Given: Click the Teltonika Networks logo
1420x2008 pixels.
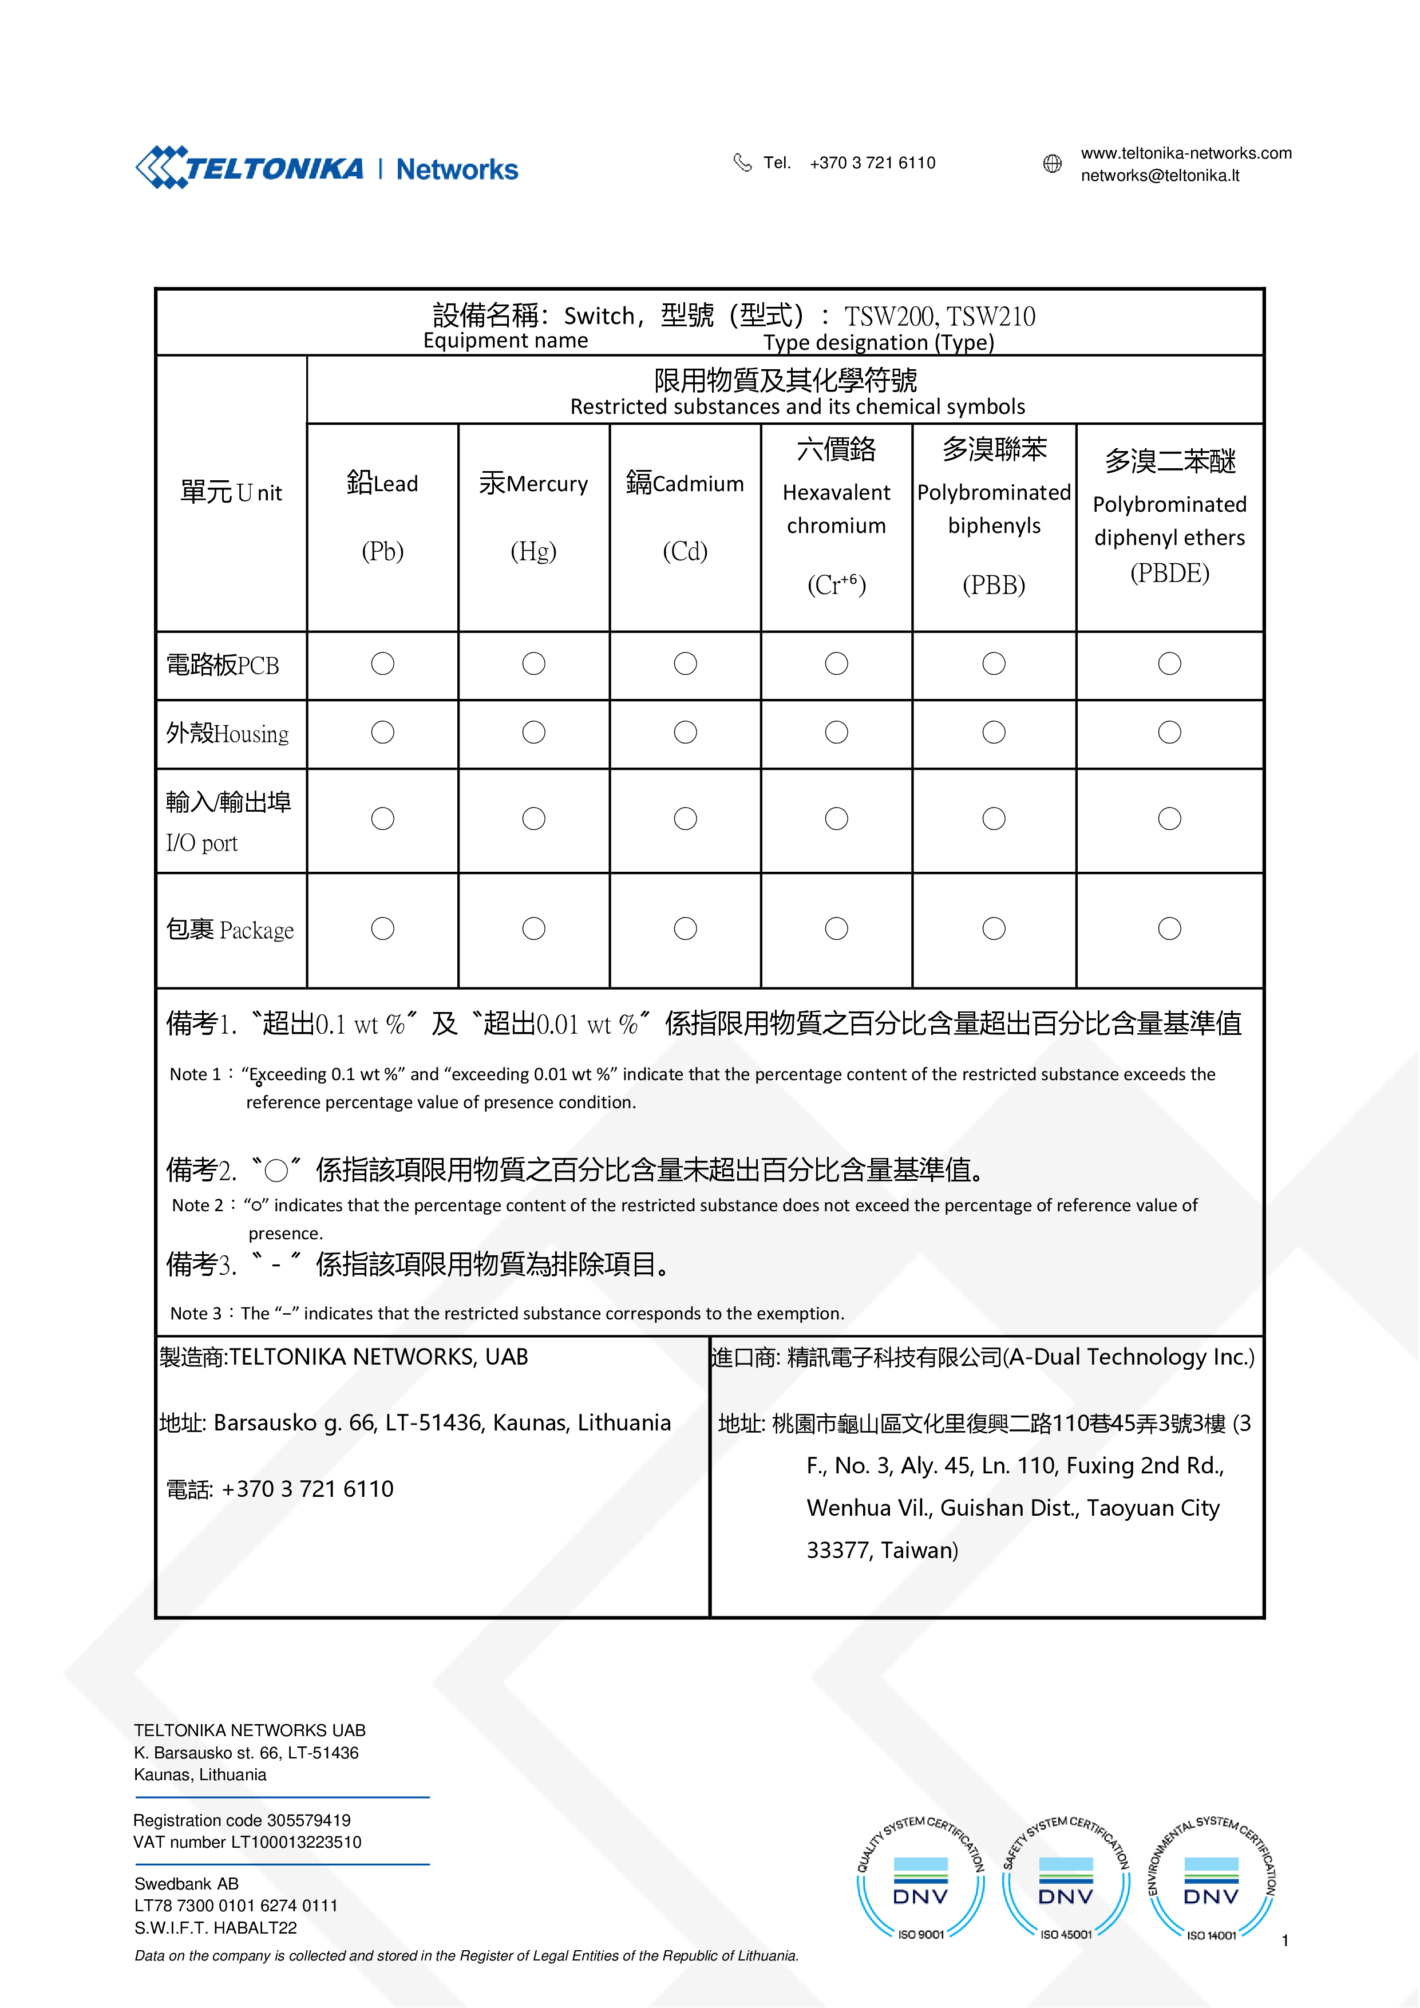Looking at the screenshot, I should coord(326,167).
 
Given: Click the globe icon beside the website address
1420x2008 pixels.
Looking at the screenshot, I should coord(1052,164).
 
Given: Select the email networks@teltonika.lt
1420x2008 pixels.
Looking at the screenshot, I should coord(1160,176).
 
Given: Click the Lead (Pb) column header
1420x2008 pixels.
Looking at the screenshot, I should coord(382,516).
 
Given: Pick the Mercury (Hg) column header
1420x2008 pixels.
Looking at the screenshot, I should coord(533,516).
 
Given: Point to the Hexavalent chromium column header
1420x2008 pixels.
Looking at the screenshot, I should coord(836,516).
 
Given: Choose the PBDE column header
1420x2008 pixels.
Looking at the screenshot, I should coord(1169,516).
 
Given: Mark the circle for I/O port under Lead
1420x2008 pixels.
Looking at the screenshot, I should coord(383,819).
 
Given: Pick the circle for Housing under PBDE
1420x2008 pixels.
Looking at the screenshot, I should coord(1169,733).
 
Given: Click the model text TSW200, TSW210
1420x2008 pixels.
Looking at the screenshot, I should coord(940,317).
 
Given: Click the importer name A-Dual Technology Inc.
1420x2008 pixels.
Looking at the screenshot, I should coord(1128,1357).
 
